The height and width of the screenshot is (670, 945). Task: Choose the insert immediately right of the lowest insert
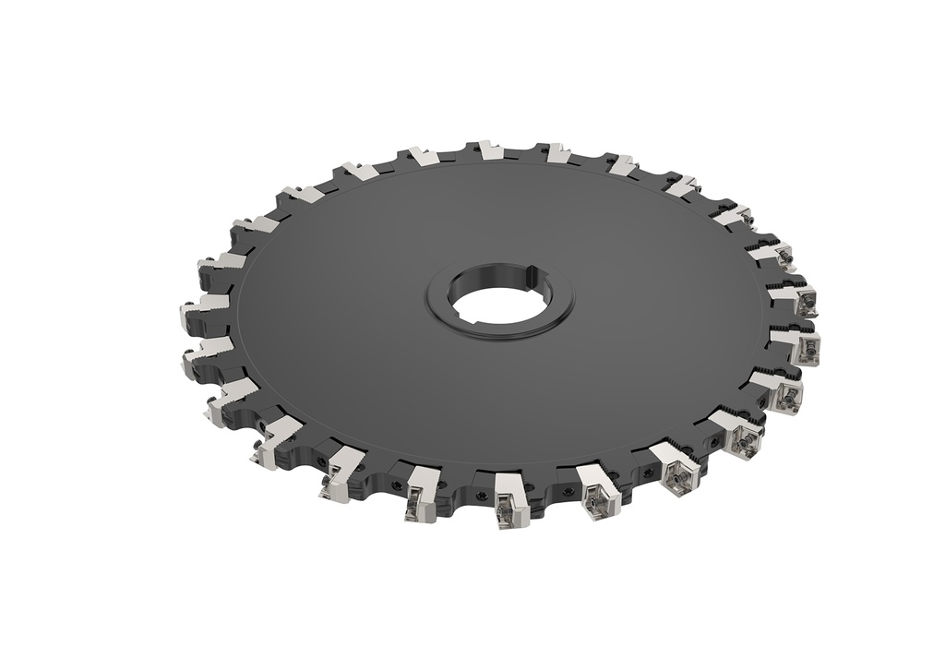coord(597,488)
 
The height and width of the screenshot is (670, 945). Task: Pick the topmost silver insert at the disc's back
coord(489,150)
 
